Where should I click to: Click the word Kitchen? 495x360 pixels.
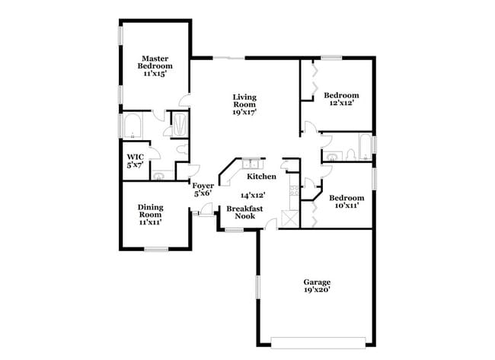point(261,177)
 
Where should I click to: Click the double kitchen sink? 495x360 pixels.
point(251,164)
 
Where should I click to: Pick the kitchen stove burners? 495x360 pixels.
point(292,191)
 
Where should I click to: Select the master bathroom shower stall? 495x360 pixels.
point(180,124)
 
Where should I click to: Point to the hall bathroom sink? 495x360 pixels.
point(331,158)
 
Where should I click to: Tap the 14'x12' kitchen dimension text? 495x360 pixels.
point(253,195)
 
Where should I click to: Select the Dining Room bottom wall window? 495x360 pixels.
point(156,249)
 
